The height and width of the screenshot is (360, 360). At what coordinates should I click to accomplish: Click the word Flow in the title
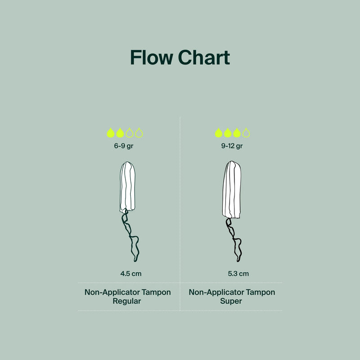152,58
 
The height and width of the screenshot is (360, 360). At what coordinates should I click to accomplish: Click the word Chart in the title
204,58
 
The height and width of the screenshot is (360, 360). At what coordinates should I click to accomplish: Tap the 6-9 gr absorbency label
124,146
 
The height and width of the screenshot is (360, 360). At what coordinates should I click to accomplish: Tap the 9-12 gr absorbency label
232,146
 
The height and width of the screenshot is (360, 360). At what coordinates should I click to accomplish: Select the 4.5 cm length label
131,274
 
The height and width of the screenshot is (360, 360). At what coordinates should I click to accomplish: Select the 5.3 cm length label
238,274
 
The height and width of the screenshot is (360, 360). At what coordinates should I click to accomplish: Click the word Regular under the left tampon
127,301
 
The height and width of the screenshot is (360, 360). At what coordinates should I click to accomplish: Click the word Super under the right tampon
231,301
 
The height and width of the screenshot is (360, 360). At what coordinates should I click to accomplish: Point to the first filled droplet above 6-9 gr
111,133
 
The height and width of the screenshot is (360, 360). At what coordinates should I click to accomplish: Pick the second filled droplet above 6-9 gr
120,133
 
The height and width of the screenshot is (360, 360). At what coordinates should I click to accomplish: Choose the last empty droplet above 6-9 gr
139,133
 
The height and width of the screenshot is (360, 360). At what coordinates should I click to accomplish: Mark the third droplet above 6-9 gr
130,133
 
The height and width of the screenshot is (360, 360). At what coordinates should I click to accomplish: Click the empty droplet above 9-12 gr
246,133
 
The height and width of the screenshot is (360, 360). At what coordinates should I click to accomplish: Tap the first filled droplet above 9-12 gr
219,133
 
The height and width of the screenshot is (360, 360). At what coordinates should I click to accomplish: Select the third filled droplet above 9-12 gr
237,133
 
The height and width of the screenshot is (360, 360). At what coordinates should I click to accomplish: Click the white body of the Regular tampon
127,187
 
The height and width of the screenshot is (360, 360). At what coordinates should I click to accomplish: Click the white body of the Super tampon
232,189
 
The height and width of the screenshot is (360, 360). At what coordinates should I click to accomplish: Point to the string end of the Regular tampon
135,261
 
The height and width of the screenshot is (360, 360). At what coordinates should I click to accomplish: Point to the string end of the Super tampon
238,261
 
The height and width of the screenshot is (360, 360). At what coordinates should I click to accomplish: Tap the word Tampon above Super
261,292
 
